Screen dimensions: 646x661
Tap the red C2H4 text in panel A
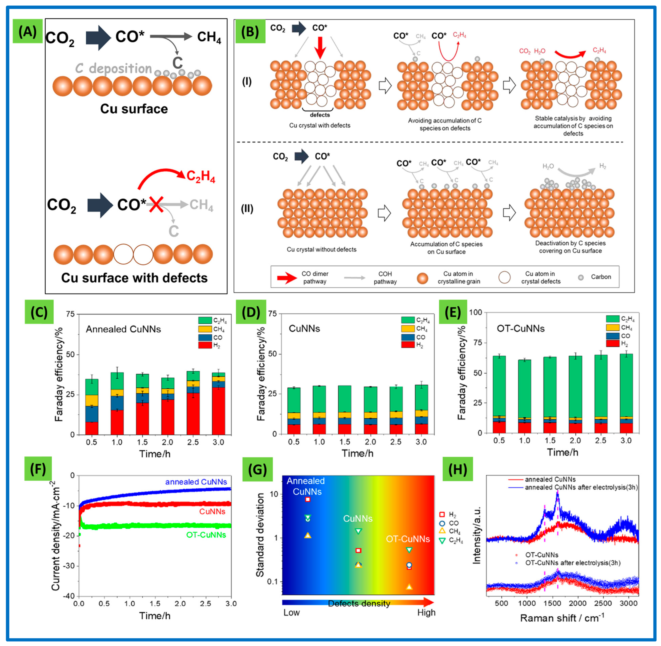tap(201, 176)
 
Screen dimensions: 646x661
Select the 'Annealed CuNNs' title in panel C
tap(123, 329)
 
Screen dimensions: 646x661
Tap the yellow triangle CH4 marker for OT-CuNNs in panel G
tap(409, 587)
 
